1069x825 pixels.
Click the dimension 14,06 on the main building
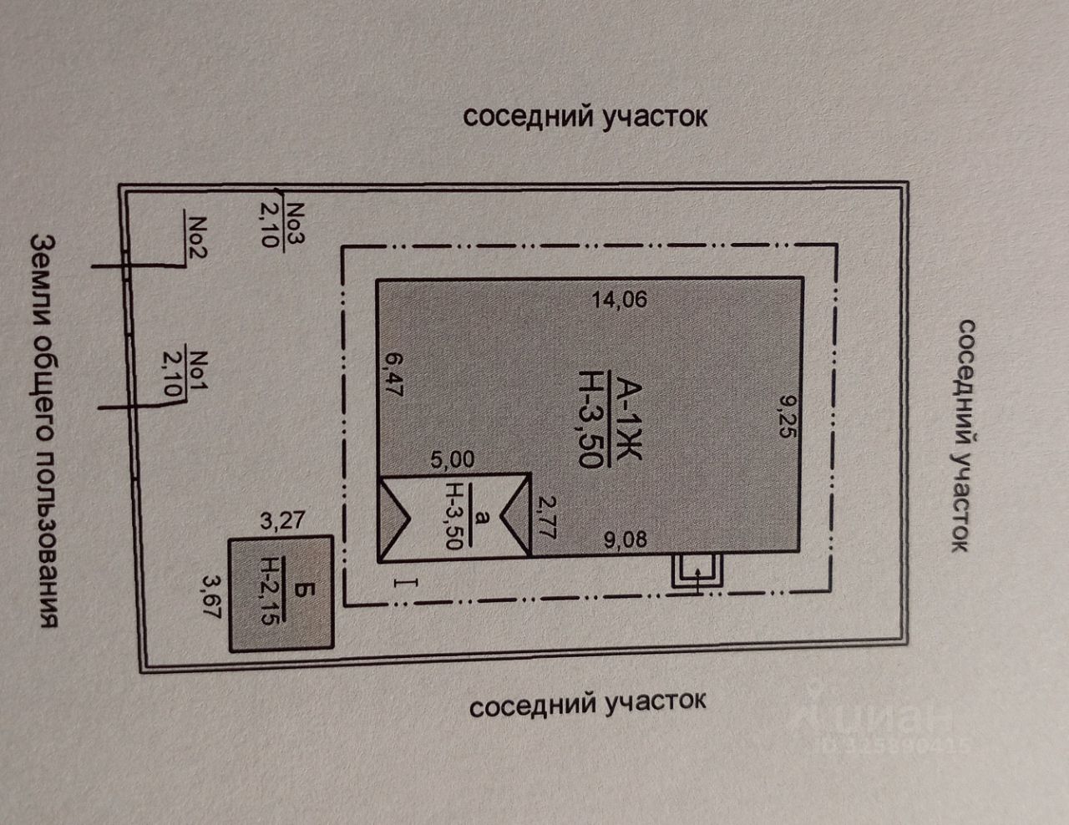tap(618, 298)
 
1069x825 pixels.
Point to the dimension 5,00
tap(451, 459)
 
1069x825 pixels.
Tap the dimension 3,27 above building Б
tap(283, 523)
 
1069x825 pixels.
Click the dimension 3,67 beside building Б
tap(209, 594)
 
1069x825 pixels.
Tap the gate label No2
tap(198, 237)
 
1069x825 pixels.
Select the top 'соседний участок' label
tap(585, 116)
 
